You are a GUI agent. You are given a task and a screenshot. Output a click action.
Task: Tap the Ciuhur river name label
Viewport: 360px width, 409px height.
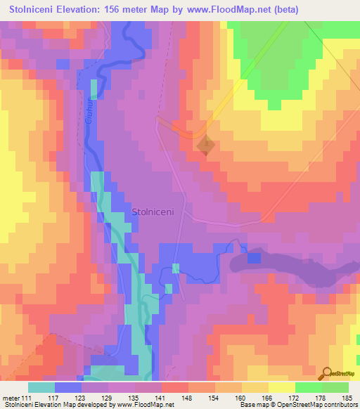pos(89,112)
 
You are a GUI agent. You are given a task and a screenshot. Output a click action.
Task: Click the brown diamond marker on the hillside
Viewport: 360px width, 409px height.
pos(205,145)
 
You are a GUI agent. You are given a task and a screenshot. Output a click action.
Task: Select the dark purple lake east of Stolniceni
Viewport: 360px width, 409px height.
pos(288,266)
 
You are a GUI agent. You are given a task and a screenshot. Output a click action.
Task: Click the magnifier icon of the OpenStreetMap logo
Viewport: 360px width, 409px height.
pos(326,372)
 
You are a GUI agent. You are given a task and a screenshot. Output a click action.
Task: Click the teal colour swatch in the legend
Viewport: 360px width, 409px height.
pos(41,387)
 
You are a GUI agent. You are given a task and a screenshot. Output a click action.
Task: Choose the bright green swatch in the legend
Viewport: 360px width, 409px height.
pos(308,387)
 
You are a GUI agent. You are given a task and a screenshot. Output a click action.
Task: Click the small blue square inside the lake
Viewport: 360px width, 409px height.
pos(254,259)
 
